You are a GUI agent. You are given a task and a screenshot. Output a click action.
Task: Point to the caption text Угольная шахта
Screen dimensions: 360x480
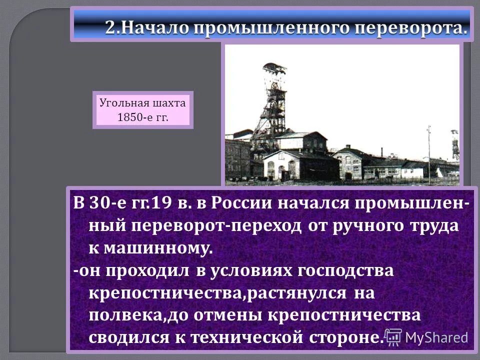pos(142,103)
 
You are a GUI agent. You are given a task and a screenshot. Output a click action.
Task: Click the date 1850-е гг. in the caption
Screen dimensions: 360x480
pos(142,117)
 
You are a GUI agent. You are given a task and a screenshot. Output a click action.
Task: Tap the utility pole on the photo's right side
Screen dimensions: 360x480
pos(428,150)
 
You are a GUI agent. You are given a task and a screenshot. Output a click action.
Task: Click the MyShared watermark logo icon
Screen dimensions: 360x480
pos(393,337)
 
